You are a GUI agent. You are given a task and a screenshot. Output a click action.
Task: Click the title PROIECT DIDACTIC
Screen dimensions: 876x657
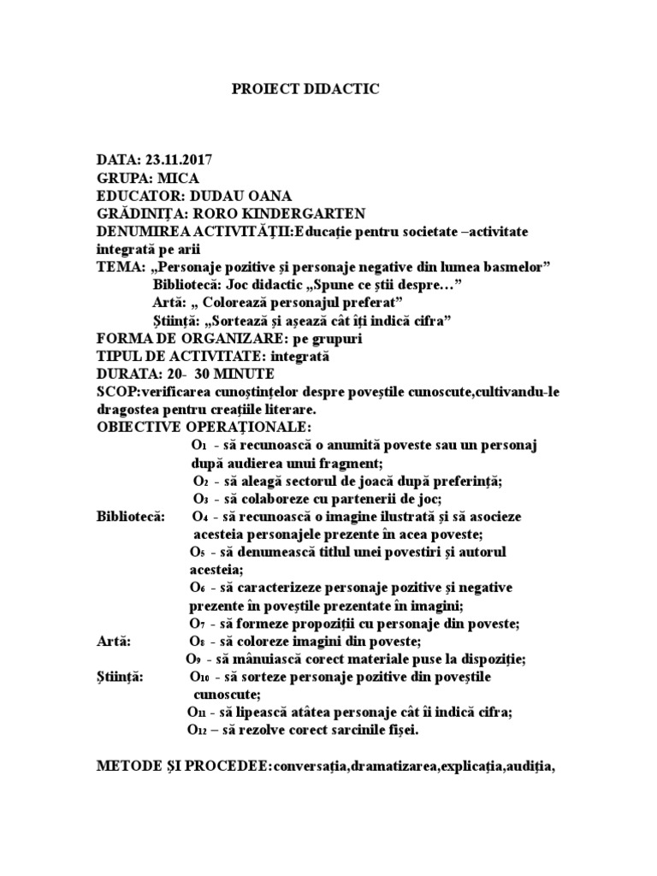pos(305,89)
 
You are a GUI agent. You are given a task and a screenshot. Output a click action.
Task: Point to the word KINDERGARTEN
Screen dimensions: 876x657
pos(293,213)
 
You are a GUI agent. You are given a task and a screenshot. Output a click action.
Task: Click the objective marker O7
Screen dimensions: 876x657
pos(198,624)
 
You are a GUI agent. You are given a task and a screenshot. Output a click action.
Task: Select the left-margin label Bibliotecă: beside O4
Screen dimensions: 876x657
pos(133,517)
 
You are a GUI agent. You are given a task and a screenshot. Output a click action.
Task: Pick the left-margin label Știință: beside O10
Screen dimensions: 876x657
pos(121,677)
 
